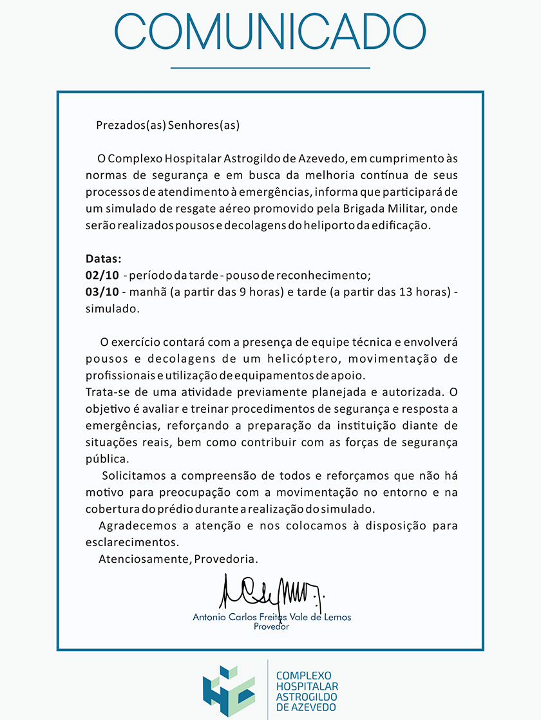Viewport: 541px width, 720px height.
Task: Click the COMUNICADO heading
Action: pyautogui.click(x=270, y=32)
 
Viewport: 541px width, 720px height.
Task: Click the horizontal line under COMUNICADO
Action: pyautogui.click(x=270, y=67)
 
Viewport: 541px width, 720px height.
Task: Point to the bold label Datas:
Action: pyautogui.click(x=103, y=259)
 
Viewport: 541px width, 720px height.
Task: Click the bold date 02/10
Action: pyautogui.click(x=102, y=276)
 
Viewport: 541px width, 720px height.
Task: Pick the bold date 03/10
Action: pyautogui.click(x=102, y=292)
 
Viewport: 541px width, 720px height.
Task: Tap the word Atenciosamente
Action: pyautogui.click(x=144, y=559)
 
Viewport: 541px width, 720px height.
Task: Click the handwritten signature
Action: pyautogui.click(x=271, y=590)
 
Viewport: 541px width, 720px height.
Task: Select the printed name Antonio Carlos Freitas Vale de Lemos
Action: pyautogui.click(x=272, y=616)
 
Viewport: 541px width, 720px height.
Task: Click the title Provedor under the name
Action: pyautogui.click(x=272, y=627)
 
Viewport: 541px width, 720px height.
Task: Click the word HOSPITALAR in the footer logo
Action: pyautogui.click(x=307, y=687)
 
